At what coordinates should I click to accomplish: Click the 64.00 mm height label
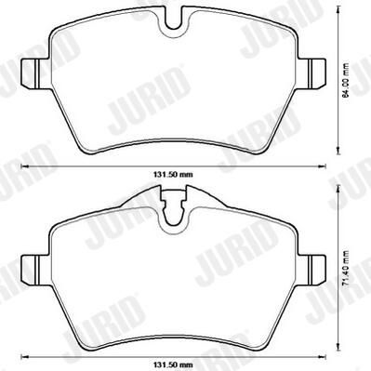coord(346,80)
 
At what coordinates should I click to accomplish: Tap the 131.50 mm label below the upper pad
coord(173,175)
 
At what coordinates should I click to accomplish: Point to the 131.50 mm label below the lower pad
coord(173,364)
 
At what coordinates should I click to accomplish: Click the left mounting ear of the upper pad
coord(34,73)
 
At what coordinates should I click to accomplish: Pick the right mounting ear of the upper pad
coord(311,73)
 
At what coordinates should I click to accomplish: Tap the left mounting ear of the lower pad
coord(34,271)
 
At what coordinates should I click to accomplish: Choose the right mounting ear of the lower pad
coord(311,271)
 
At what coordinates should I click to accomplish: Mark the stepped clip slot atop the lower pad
coord(173,206)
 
